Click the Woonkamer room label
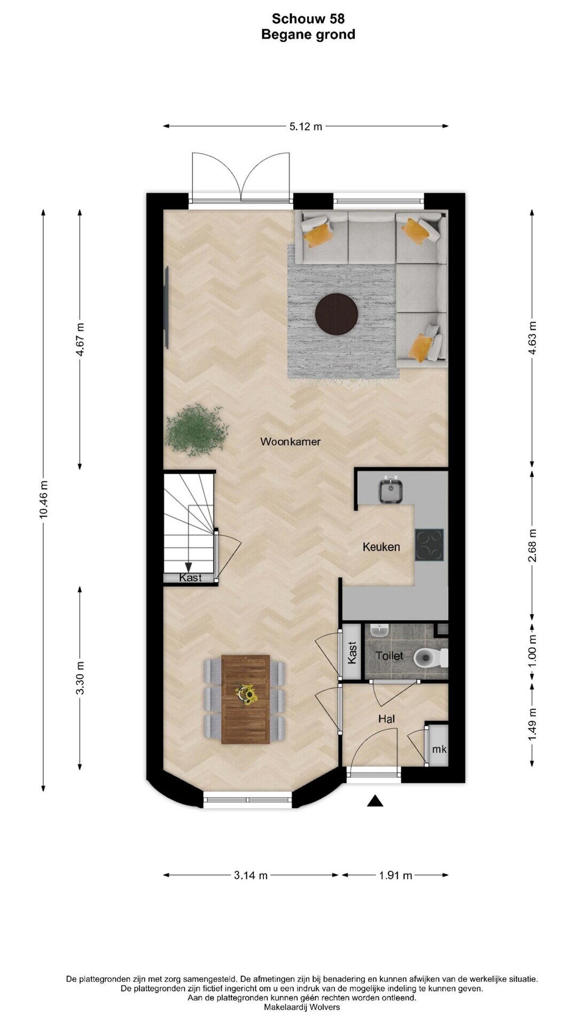290,441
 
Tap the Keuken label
381,547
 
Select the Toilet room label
389,656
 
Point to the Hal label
386,719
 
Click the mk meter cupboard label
439,750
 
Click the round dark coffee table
337,314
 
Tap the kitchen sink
392,490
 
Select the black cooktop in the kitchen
430,545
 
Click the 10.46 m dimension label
44,499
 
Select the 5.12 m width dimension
306,127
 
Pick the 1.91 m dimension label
395,876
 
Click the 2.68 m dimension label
532,546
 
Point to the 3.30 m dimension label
80,678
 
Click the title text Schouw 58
308,19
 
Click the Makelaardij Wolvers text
302,1007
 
